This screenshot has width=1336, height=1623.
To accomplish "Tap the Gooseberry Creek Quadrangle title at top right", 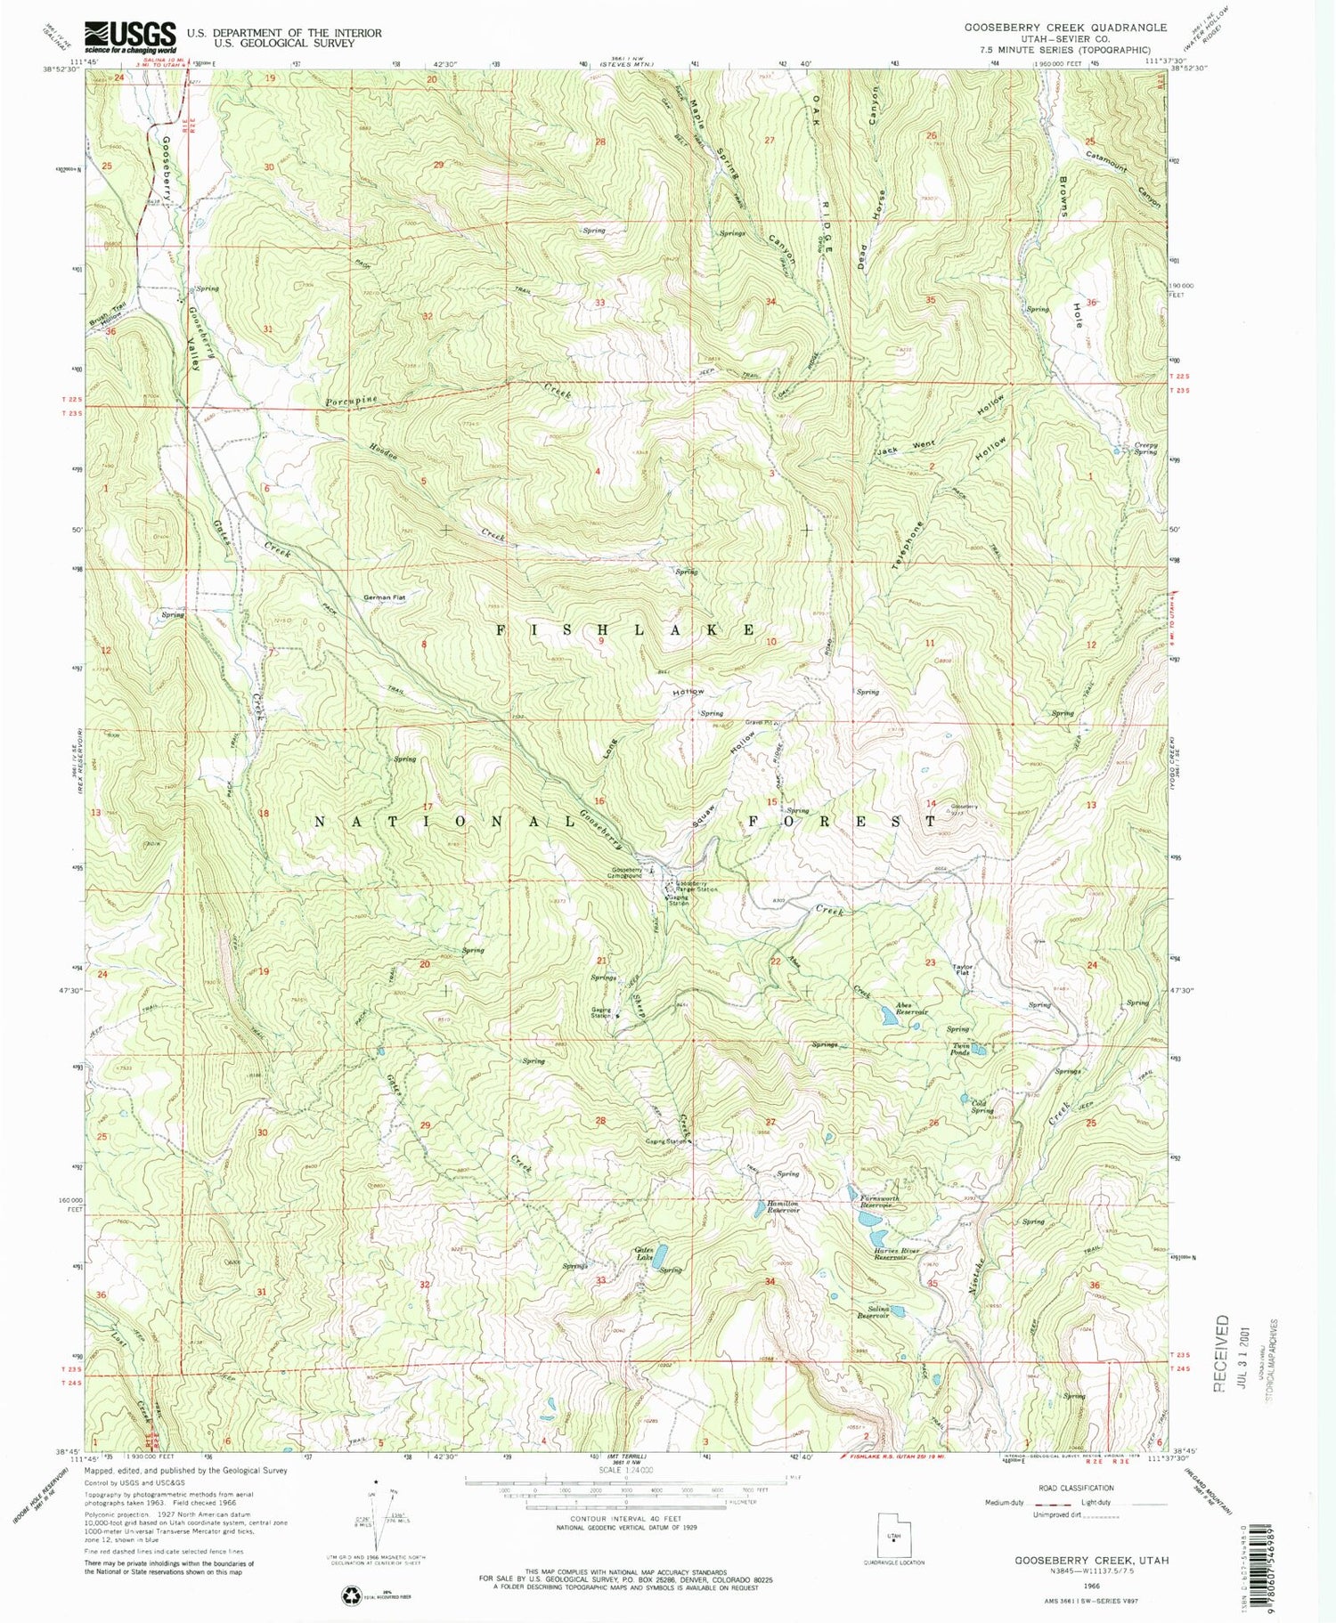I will click(1065, 28).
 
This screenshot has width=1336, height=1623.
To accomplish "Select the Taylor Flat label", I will click(963, 968).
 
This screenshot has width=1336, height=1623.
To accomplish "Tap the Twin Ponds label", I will click(960, 1049).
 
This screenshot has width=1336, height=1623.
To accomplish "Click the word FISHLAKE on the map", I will click(626, 629).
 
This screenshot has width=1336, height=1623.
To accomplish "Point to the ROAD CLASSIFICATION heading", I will click(1075, 1488).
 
